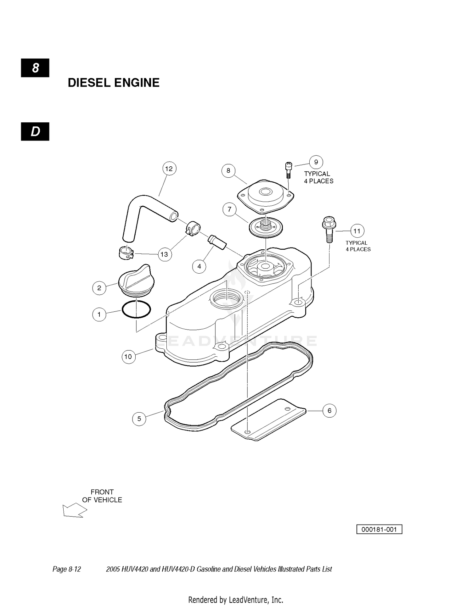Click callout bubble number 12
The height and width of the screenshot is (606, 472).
pyautogui.click(x=169, y=169)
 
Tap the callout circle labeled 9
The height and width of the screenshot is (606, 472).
pyautogui.click(x=316, y=162)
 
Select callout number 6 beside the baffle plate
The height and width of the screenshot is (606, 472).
pyautogui.click(x=329, y=410)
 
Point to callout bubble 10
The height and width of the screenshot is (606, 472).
pyautogui.click(x=128, y=357)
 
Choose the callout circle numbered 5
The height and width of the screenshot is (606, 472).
pyautogui.click(x=139, y=419)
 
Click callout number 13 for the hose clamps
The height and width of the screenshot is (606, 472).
pyautogui.click(x=164, y=254)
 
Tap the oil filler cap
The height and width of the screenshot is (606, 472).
pyautogui.click(x=135, y=281)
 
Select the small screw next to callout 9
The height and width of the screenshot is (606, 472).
pyautogui.click(x=288, y=170)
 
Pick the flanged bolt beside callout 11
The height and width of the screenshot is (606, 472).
pyautogui.click(x=329, y=229)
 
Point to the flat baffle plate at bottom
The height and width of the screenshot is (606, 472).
pyautogui.click(x=268, y=420)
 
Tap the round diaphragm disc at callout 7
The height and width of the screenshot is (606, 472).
pyautogui.click(x=266, y=228)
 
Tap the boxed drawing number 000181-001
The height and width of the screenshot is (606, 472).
pyautogui.click(x=379, y=529)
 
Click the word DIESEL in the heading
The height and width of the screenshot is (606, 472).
pyautogui.click(x=89, y=83)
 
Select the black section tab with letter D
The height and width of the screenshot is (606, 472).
pyautogui.click(x=35, y=131)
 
